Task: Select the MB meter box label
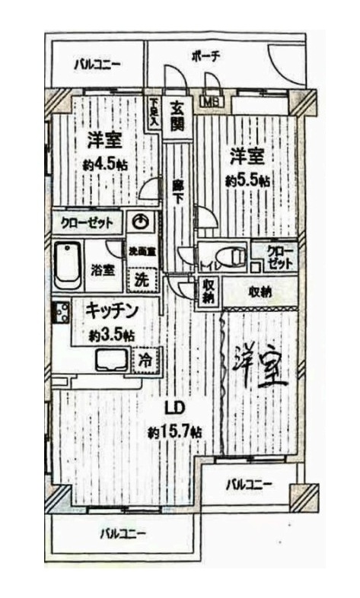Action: pyautogui.click(x=208, y=100)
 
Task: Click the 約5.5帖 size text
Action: pyautogui.click(x=247, y=180)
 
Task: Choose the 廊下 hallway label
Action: pyautogui.click(x=177, y=189)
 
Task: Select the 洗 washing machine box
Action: pyautogui.click(x=142, y=278)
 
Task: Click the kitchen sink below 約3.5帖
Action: pyautogui.click(x=112, y=360)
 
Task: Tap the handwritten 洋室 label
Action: pyautogui.click(x=261, y=366)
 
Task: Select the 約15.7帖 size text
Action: pyautogui.click(x=175, y=431)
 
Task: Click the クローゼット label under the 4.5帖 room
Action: pyautogui.click(x=91, y=223)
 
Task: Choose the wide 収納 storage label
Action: pyautogui.click(x=260, y=291)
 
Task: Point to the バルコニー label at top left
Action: pyautogui.click(x=97, y=65)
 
